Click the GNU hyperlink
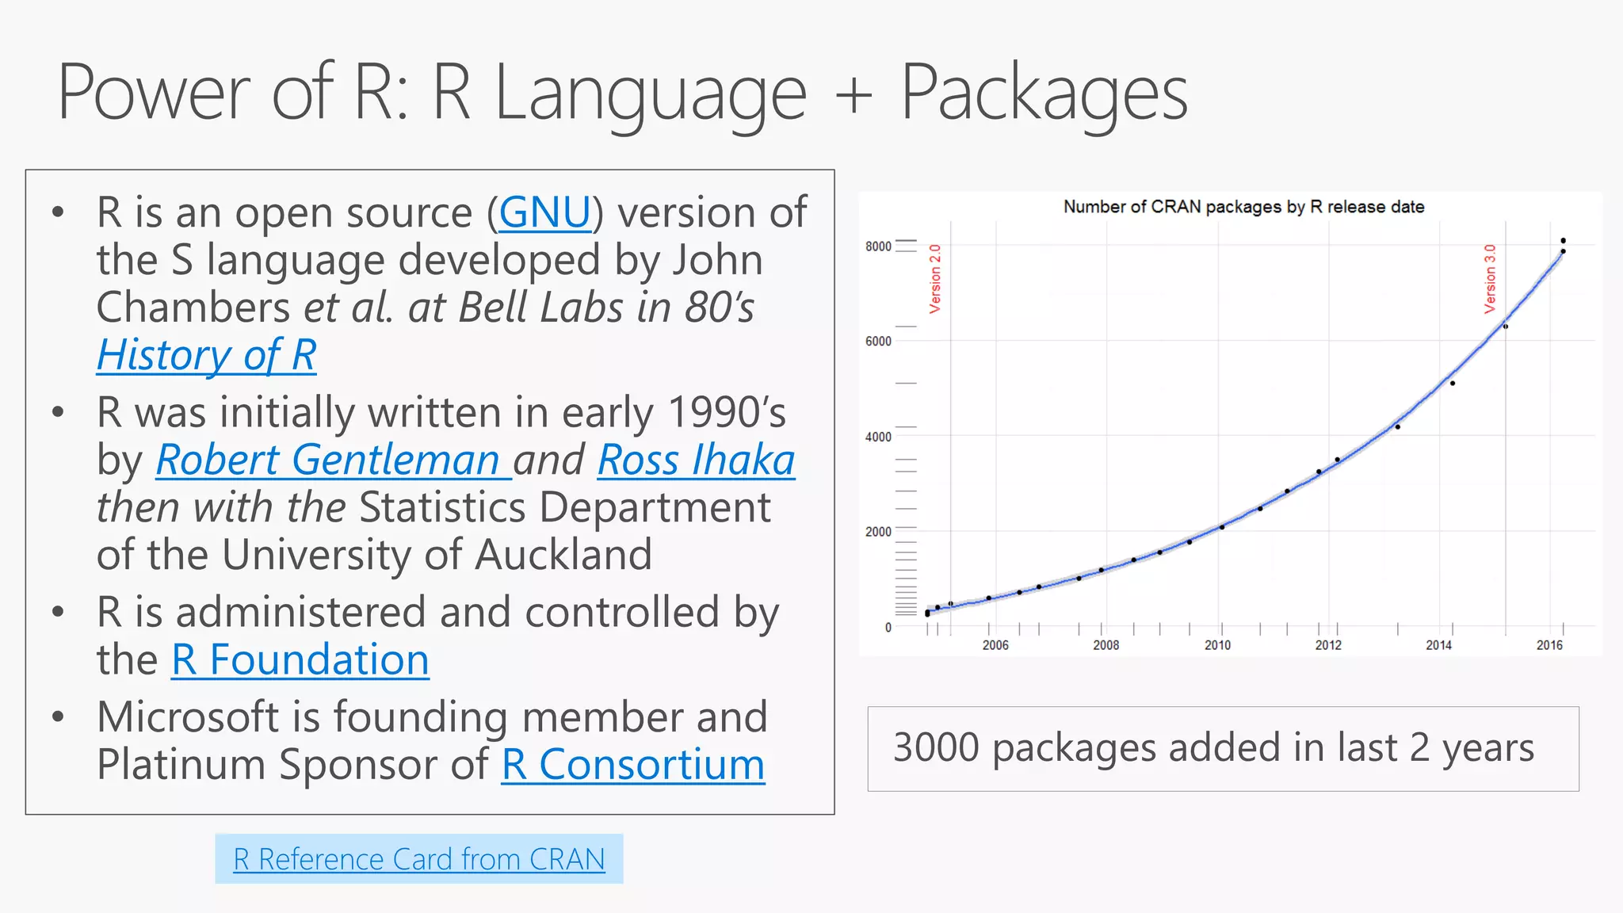[x=545, y=212]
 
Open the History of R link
[x=206, y=355]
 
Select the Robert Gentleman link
[x=327, y=460]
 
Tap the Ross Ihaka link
[x=696, y=460]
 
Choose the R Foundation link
[x=300, y=659]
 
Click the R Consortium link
[x=632, y=765]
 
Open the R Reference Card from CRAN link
[x=418, y=859]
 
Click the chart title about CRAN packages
[x=1243, y=207]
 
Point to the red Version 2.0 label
[x=935, y=278]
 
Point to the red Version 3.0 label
[x=1490, y=278]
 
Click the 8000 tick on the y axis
[x=878, y=246]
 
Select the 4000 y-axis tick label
[x=878, y=437]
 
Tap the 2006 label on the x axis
[x=995, y=645]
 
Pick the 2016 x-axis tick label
[x=1549, y=645]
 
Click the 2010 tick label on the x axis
[x=1217, y=645]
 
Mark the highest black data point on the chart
[x=1563, y=240]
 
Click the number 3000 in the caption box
[x=936, y=747]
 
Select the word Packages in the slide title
[x=1044, y=94]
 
